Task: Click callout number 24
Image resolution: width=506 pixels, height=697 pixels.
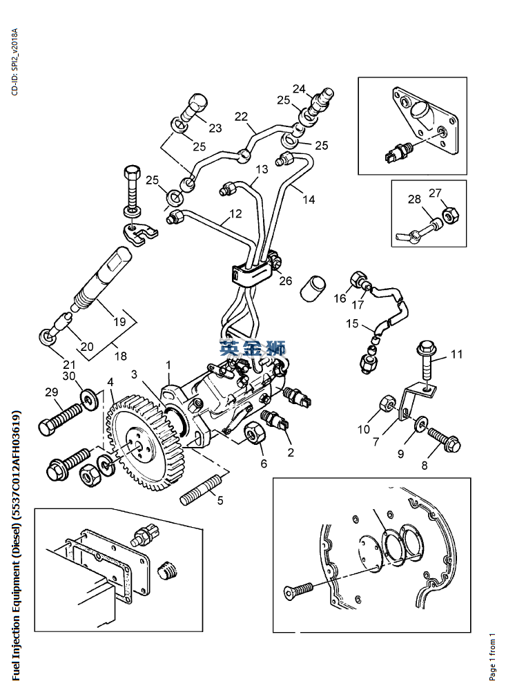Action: (299, 89)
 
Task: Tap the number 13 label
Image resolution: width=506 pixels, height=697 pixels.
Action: (262, 169)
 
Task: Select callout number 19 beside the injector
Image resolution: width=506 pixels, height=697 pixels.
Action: (119, 321)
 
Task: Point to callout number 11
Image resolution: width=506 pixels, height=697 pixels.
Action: (457, 354)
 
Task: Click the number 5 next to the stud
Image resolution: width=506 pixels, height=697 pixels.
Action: (220, 501)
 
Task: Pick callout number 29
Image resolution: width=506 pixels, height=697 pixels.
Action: (52, 392)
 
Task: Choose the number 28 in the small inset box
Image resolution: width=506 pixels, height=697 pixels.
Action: (414, 199)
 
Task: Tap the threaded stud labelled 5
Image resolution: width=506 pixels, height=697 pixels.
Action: (200, 490)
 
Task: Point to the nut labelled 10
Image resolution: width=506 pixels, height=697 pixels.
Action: (387, 403)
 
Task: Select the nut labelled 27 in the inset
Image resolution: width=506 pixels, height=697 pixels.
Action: (449, 215)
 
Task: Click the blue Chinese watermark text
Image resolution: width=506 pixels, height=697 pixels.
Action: (253, 348)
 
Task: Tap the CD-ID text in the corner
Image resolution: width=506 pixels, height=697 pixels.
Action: (14, 61)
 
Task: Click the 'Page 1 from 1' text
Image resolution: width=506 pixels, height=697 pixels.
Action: (492, 656)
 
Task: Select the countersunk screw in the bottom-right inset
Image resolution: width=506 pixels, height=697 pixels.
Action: (298, 589)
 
